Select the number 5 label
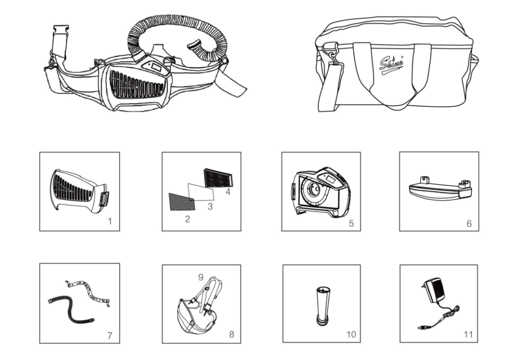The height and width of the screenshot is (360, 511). (x=351, y=223)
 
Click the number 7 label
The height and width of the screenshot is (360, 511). (x=110, y=336)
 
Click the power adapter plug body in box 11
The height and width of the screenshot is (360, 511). (x=432, y=288)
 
